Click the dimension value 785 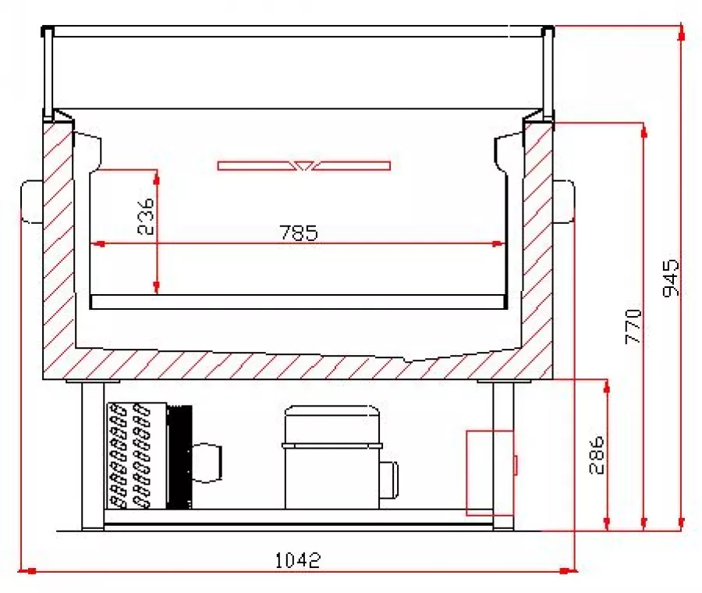click(x=298, y=233)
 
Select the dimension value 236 click(x=145, y=217)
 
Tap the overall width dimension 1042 click(x=298, y=559)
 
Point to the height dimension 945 click(x=669, y=278)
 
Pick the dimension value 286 click(x=594, y=453)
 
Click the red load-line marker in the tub click(x=303, y=165)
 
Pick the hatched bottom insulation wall click(x=296, y=365)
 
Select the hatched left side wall click(x=58, y=250)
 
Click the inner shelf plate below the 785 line click(x=299, y=302)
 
